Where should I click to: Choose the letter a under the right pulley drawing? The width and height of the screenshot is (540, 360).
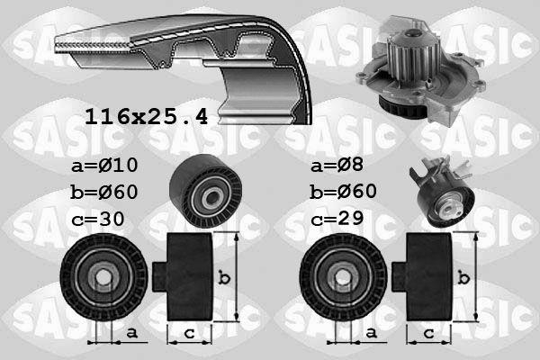tap(370, 333)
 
